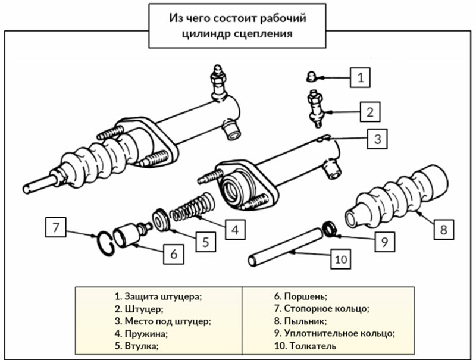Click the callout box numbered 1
[360, 77]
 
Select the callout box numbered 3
[377, 139]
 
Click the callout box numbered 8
[444, 228]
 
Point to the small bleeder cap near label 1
[310, 76]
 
